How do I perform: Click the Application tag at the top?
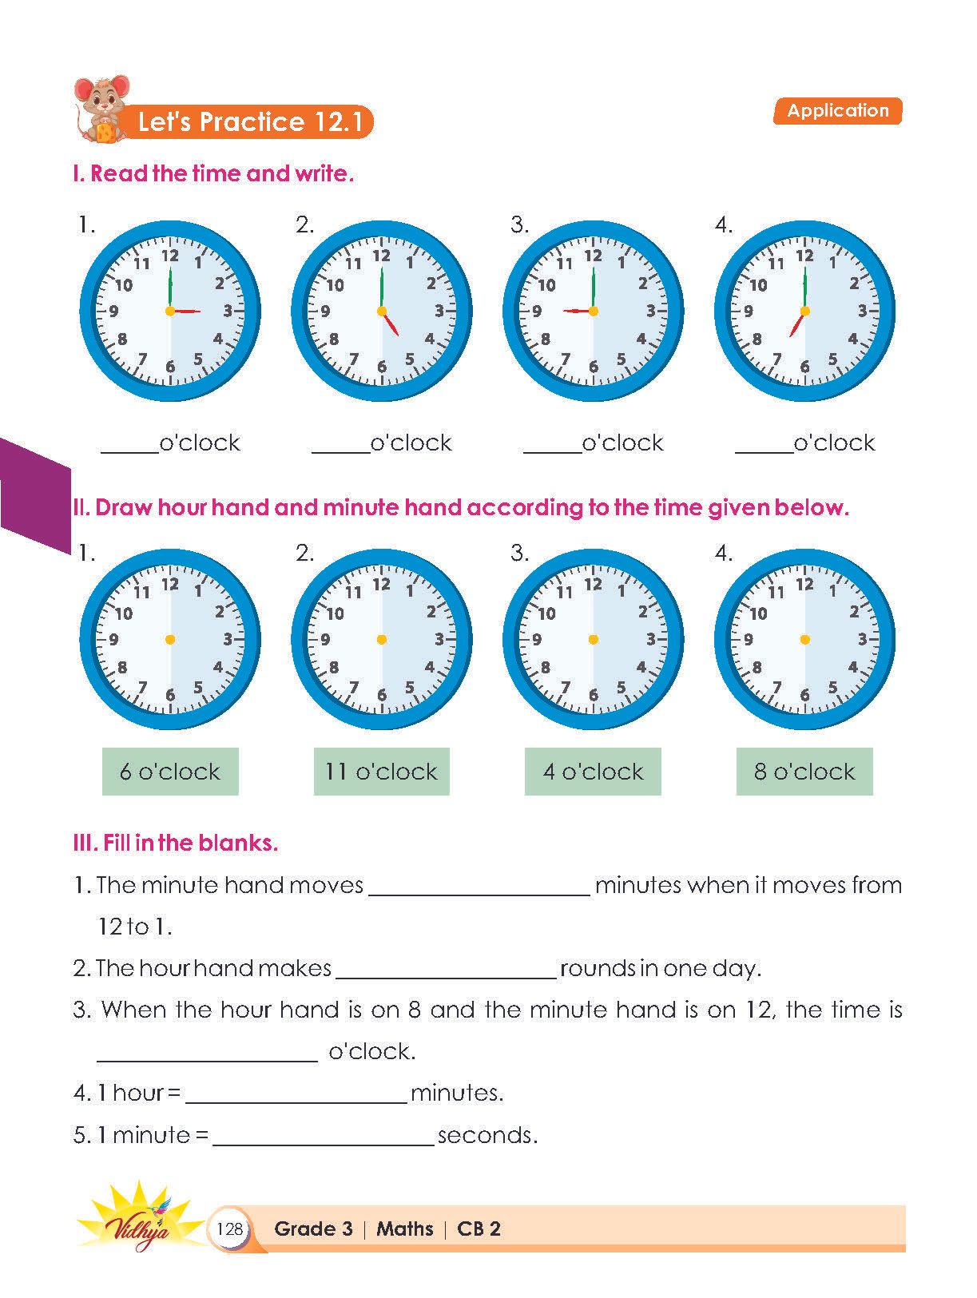837,111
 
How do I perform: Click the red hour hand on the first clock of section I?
186,311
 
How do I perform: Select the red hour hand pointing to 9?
578,310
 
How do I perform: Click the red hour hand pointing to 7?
796,324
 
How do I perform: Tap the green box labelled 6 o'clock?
170,772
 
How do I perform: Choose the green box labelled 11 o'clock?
381,772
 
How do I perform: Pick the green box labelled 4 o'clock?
593,772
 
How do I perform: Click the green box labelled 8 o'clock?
804,772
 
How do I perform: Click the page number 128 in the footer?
229,1228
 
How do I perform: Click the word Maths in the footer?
405,1229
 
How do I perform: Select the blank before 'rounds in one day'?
446,971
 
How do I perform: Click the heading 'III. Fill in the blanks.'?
176,843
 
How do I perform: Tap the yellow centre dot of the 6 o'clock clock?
170,639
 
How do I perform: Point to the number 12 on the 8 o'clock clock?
804,585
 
